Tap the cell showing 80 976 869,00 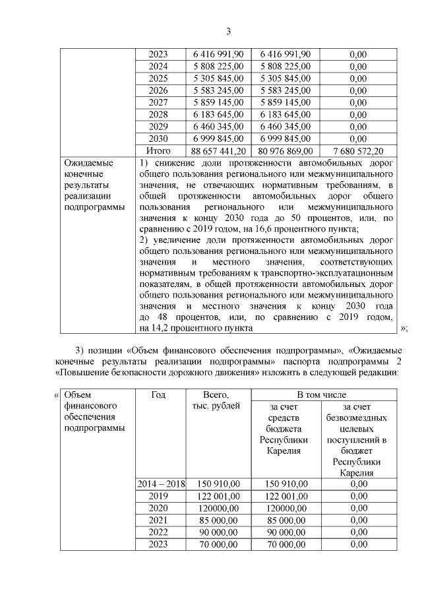point(286,151)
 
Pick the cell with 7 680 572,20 point(358,151)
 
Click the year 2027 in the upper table point(158,102)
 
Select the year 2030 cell point(158,139)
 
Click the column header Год point(158,394)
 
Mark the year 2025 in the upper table point(158,79)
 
